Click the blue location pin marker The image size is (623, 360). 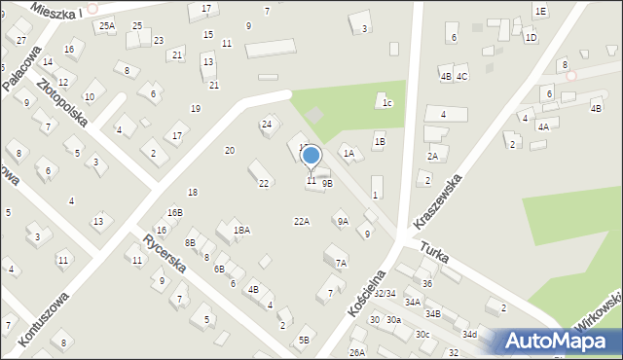click(x=311, y=156)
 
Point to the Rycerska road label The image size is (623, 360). click(x=164, y=254)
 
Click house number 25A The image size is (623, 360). click(x=106, y=26)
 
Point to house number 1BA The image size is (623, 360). click(x=241, y=231)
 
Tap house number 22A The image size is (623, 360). click(x=302, y=222)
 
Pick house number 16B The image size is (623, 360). click(x=174, y=212)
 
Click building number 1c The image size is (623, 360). click(x=386, y=102)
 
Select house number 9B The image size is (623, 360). click(x=327, y=183)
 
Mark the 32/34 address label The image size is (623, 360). click(x=385, y=293)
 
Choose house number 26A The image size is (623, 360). click(x=357, y=352)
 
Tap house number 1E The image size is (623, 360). click(x=540, y=11)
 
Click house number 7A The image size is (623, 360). click(x=341, y=263)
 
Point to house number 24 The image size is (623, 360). click(x=266, y=124)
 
